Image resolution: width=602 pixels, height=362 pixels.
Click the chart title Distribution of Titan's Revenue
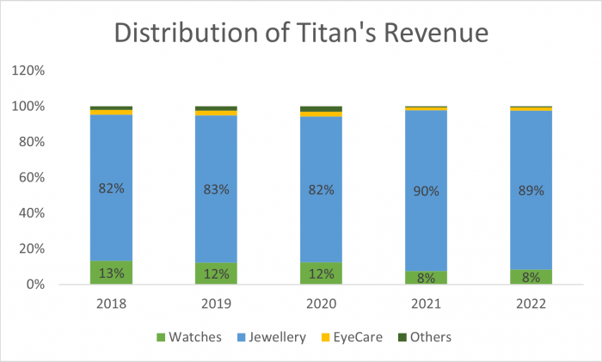(301, 34)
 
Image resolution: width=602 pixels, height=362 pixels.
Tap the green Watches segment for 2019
(216, 273)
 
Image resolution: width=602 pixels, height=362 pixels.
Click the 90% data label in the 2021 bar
(426, 191)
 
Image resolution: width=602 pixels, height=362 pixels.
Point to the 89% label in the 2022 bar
(531, 191)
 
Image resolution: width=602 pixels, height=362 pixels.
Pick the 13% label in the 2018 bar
(111, 273)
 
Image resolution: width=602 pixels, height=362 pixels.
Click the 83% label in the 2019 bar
(216, 189)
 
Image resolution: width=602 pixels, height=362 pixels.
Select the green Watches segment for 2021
(426, 278)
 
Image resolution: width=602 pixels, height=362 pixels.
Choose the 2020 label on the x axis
(321, 304)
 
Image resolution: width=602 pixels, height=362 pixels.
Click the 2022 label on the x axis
(531, 304)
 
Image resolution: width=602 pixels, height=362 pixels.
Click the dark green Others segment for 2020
(321, 108)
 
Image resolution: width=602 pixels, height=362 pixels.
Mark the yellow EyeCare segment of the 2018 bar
(111, 112)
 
